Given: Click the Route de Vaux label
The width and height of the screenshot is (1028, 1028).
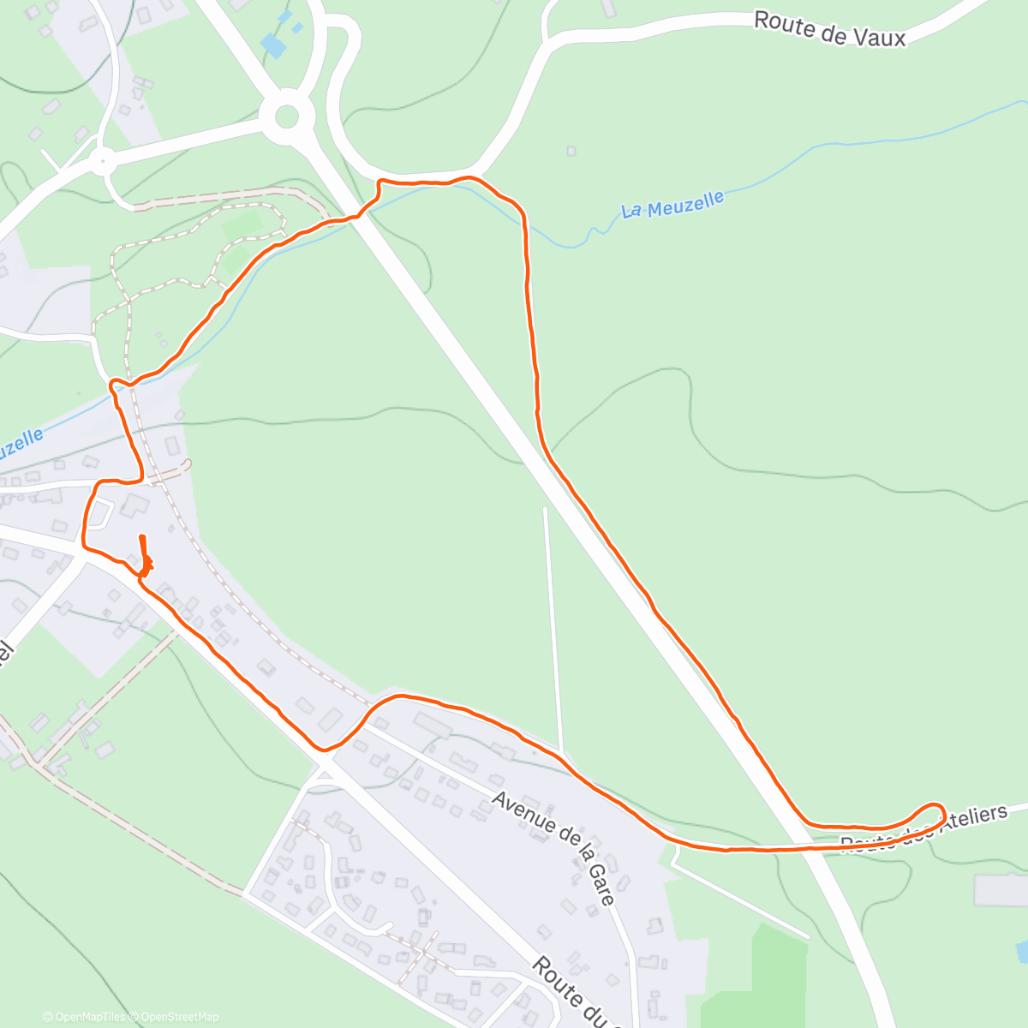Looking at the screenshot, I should point(829,29).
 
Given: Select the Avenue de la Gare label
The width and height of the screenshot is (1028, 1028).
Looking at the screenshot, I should point(553,848).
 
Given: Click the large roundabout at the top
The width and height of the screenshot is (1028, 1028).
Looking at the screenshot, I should point(286,117).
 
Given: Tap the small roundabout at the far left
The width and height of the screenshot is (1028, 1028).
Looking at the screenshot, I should point(103,160).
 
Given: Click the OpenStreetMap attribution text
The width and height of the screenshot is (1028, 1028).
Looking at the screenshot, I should point(180,1017).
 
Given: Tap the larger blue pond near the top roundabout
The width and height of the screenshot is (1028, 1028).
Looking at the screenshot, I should point(273,45).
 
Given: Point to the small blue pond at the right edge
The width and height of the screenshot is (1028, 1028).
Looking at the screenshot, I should point(1021,950).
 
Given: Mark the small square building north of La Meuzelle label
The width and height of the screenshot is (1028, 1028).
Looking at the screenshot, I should point(571,152).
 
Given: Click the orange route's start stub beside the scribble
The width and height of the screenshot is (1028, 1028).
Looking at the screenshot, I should point(142,545).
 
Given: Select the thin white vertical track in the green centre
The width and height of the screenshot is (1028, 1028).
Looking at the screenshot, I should point(553,625).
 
